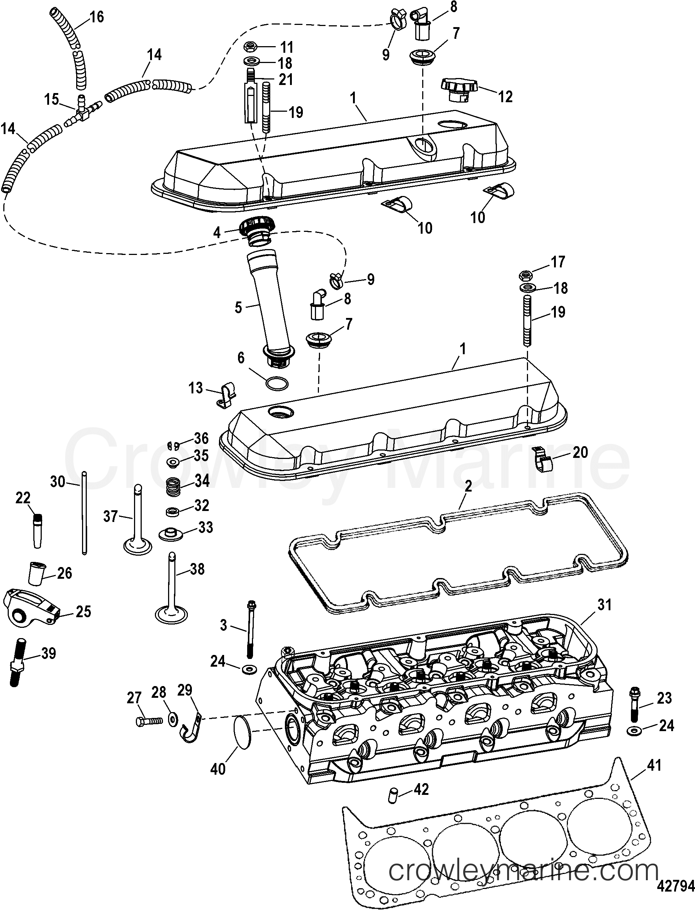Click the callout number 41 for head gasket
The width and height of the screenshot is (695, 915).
click(654, 765)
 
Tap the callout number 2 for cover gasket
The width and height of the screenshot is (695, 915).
click(468, 487)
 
